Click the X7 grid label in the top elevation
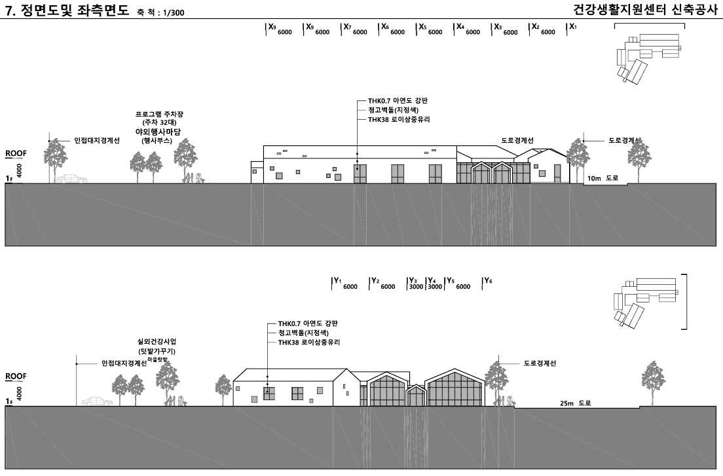point(347,27)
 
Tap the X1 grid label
point(572,27)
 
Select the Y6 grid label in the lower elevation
point(488,281)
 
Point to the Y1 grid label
point(337,281)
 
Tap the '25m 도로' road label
point(576,403)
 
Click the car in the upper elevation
point(71,179)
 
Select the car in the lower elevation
point(97,401)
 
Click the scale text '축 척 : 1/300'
point(160,12)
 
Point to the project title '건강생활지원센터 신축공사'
point(646,9)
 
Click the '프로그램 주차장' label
point(159,114)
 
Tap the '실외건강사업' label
point(157,342)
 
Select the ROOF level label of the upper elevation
point(16,153)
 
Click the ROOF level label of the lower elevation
point(16,376)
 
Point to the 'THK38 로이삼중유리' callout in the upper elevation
point(399,119)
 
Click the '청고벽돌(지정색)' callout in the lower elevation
point(303,333)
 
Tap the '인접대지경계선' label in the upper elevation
point(97,141)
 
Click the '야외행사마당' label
point(158,132)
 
